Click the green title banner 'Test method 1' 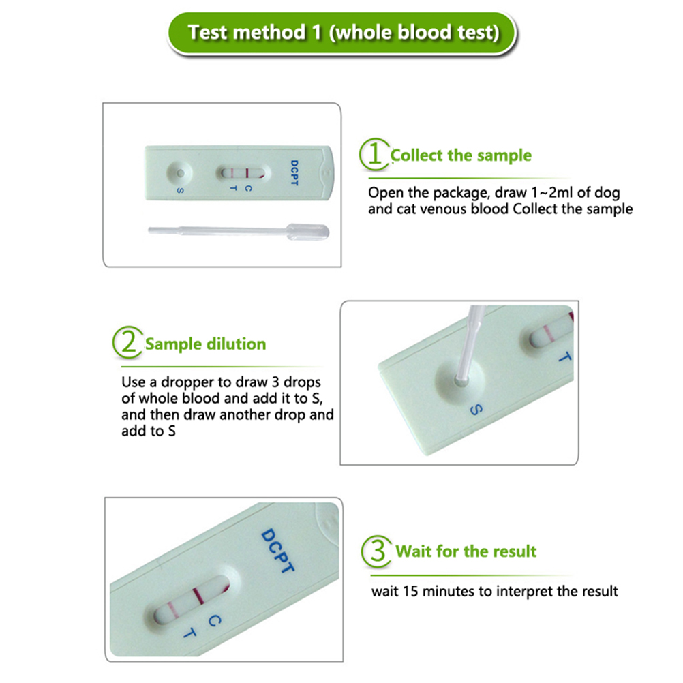(x=342, y=33)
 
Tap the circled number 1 (x=374, y=154)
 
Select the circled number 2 (x=127, y=342)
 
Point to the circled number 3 (x=377, y=551)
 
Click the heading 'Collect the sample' (x=461, y=155)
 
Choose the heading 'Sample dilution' (x=205, y=344)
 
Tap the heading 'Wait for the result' (x=466, y=551)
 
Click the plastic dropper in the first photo (x=239, y=231)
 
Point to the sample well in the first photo (x=179, y=173)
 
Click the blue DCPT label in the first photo (x=294, y=173)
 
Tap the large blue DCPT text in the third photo (x=277, y=550)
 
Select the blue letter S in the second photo (x=476, y=410)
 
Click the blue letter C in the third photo (x=214, y=620)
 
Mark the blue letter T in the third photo (x=189, y=633)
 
